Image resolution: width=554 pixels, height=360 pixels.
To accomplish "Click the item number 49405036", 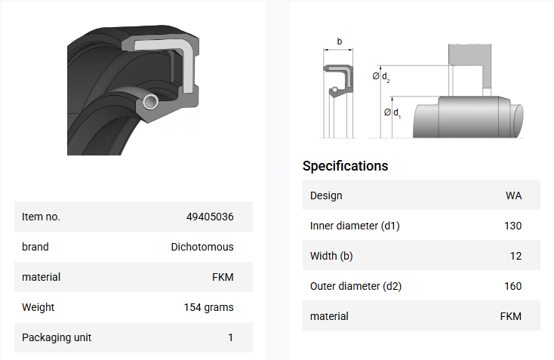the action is pos(210,217).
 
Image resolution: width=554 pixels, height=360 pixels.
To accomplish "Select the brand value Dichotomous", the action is pos(202,247).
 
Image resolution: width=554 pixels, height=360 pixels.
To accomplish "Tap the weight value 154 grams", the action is pos(208,307).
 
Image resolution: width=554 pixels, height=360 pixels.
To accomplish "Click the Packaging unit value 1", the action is pos(231,338).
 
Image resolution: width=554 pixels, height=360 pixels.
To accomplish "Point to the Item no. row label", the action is pos(41,217).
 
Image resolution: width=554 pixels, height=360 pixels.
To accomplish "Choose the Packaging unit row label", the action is pos(57,338).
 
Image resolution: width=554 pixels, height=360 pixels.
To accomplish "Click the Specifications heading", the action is pos(345,166).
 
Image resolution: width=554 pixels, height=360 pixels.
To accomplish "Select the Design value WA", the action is pos(513,195).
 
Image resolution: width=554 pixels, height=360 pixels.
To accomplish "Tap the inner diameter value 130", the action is pos(512,226).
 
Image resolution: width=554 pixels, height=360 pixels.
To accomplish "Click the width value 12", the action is pos(516,256).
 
